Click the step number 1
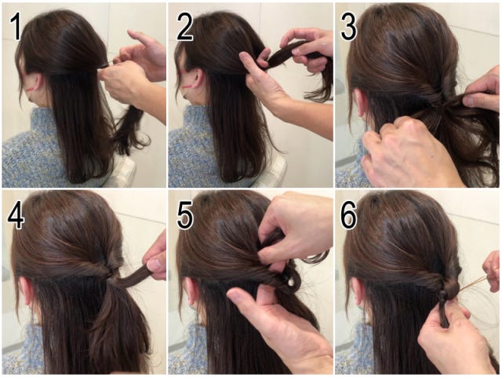16,27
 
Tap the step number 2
184,27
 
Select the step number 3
348,27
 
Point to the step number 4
16,215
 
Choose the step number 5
185,215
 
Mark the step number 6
348,215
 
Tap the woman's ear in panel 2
196,81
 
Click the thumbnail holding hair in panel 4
154,265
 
